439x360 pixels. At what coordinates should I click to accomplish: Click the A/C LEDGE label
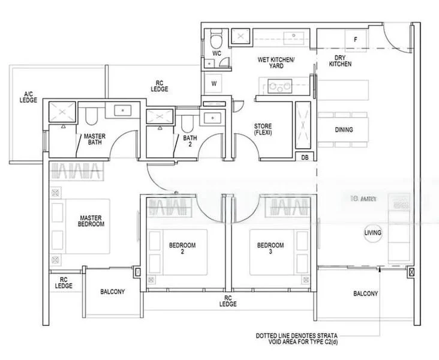(28, 97)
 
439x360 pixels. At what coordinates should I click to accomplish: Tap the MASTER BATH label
(95, 140)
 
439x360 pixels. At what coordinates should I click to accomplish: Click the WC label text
(217, 53)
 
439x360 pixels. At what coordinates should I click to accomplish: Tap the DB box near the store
(305, 158)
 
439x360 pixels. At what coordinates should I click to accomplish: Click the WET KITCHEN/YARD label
(276, 63)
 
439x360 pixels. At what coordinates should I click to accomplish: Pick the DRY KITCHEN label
(340, 61)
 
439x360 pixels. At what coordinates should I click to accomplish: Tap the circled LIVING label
(372, 232)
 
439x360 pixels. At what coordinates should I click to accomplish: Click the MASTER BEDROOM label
(91, 221)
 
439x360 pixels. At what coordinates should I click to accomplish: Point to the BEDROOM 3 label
(270, 248)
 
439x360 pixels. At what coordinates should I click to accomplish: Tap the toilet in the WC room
(217, 40)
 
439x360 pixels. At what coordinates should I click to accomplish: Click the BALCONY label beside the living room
(365, 293)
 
